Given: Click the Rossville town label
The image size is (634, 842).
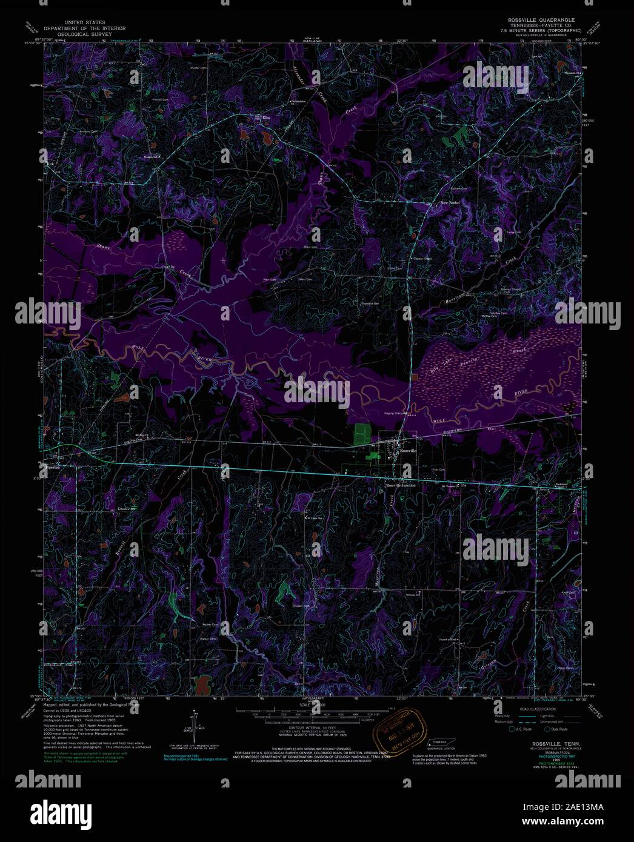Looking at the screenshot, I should (408, 452).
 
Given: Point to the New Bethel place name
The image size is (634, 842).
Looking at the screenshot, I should (450, 202).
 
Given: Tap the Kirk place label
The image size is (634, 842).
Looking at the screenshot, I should (50, 164).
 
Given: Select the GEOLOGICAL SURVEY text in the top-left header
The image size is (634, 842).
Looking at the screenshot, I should (84, 35).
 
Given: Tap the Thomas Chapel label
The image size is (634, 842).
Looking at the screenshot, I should (422, 259).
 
